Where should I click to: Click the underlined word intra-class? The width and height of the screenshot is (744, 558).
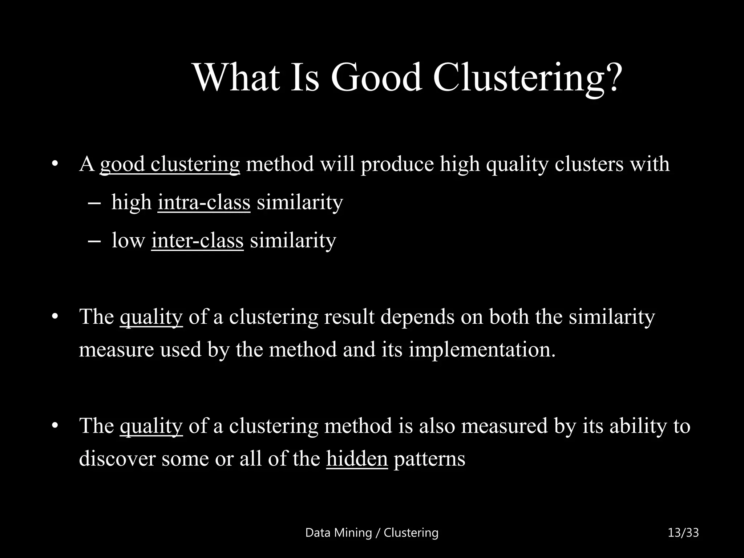pyautogui.click(x=204, y=202)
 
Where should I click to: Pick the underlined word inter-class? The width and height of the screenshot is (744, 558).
pyautogui.click(x=197, y=240)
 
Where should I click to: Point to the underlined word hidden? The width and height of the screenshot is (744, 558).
pyautogui.click(x=357, y=458)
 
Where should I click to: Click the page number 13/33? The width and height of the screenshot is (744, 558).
pyautogui.click(x=683, y=533)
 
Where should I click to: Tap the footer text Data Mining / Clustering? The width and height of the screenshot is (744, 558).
pyautogui.click(x=372, y=533)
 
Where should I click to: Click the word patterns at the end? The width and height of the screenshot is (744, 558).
pyautogui.click(x=429, y=458)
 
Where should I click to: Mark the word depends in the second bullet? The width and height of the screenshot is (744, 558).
pyautogui.click(x=417, y=317)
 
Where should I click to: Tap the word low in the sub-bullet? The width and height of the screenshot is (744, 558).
pyautogui.click(x=128, y=240)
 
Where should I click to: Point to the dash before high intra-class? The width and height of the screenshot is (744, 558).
pyautogui.click(x=94, y=203)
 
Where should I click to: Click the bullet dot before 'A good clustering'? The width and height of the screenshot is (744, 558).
pyautogui.click(x=55, y=164)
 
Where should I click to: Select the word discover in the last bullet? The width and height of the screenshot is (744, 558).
pyautogui.click(x=117, y=458)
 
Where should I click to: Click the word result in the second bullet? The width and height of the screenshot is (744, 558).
pyautogui.click(x=349, y=317)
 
